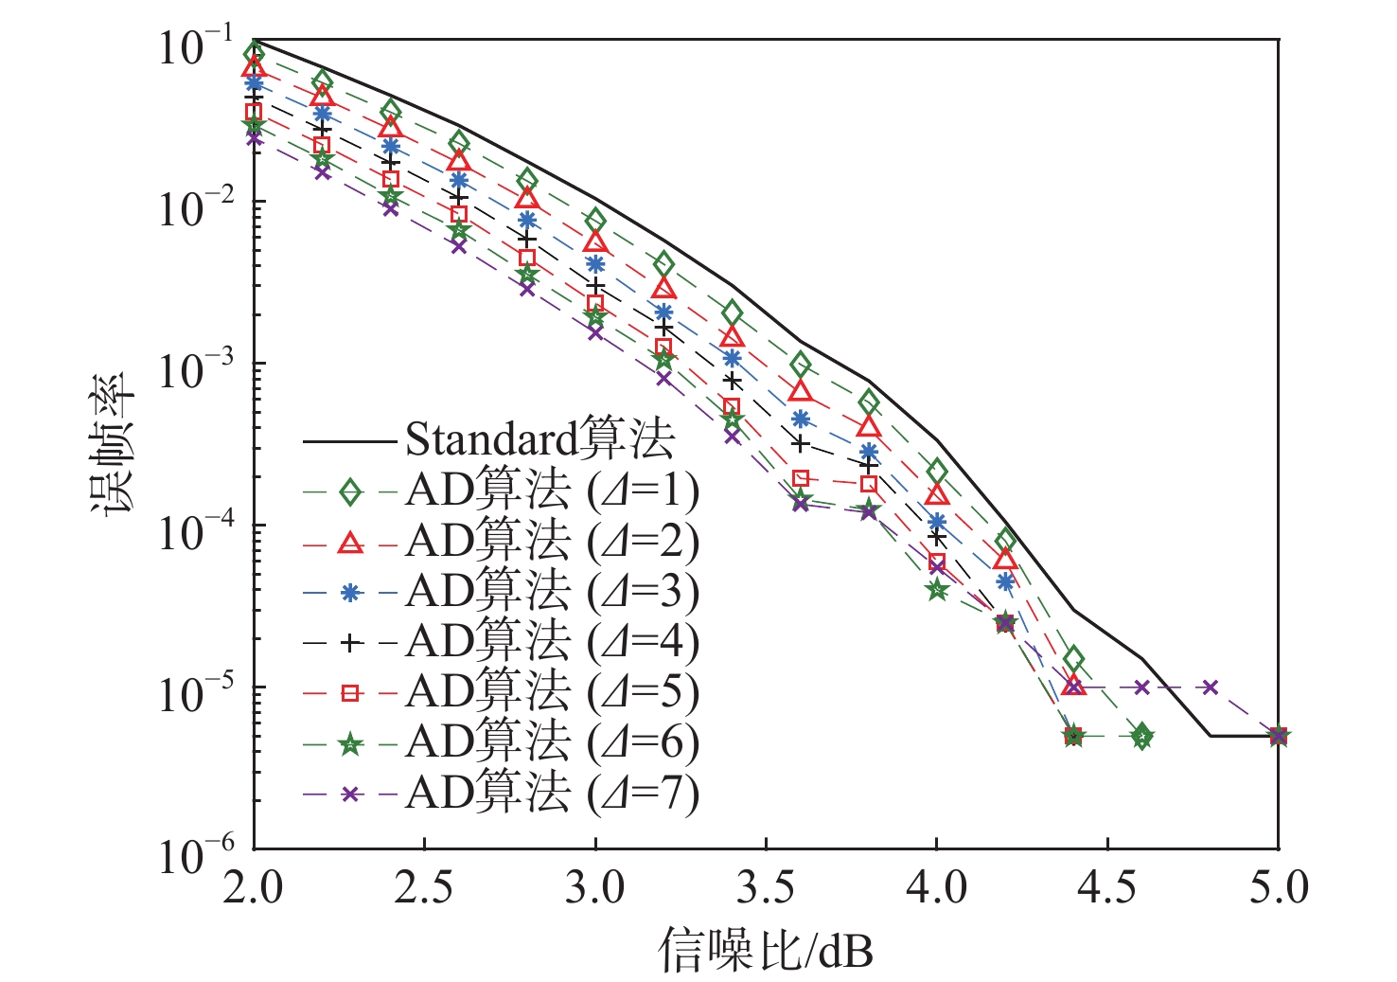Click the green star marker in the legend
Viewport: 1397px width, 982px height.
350,744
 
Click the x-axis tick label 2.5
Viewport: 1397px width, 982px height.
424,887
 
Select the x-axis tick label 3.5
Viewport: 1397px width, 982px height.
765,887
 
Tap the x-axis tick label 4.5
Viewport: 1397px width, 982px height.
1106,887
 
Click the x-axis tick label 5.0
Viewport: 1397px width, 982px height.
1277,887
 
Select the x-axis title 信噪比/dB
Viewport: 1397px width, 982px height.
765,950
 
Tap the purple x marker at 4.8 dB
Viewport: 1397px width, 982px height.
1210,687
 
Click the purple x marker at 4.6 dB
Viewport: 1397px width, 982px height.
1141,687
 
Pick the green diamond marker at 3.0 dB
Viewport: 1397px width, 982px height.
594,220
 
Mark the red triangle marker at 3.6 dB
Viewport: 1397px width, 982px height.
800,390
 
